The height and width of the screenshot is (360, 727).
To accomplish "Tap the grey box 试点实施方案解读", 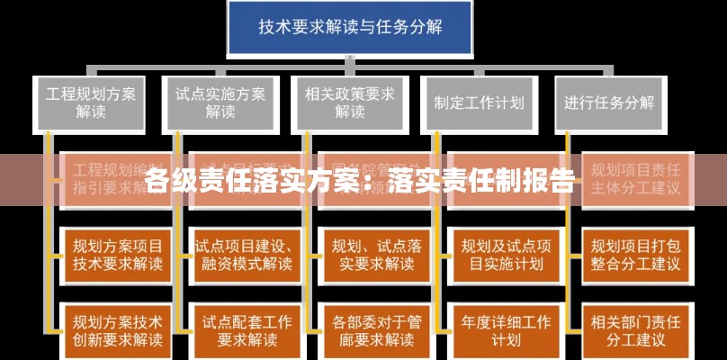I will [220, 103].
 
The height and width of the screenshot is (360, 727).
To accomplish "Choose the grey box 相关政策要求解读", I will [349, 103].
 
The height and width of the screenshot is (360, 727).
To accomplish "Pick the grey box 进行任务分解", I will [609, 103].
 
